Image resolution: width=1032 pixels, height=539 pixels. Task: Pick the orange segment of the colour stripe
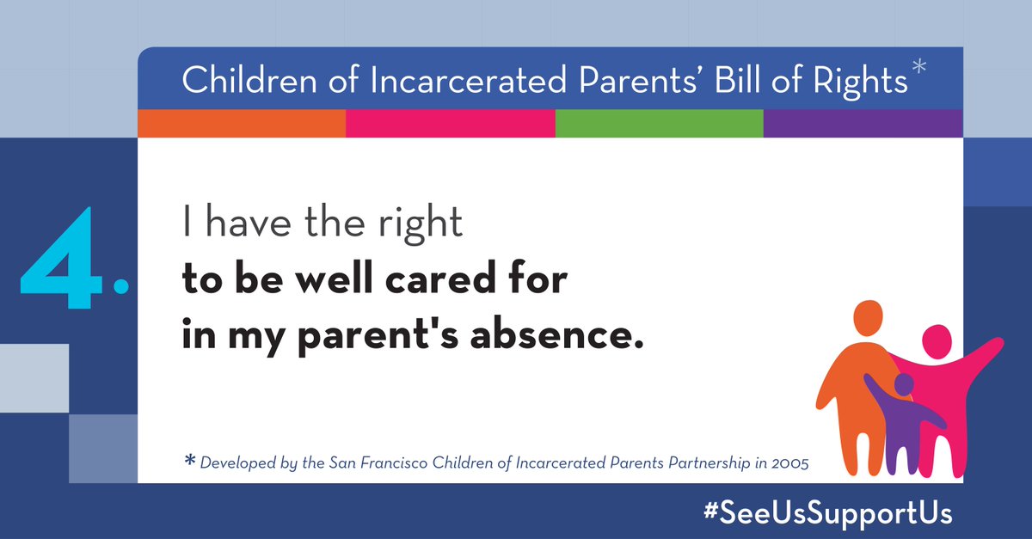point(242,124)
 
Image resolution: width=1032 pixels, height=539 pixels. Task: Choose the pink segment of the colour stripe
point(450,124)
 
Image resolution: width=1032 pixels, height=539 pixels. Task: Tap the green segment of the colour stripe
point(659,124)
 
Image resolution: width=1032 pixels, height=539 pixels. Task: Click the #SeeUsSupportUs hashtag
point(827,512)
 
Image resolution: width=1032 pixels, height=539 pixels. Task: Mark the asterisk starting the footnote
point(190,462)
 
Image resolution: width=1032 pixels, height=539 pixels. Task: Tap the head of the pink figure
point(936,342)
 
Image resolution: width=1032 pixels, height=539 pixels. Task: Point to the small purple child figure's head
point(903,384)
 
